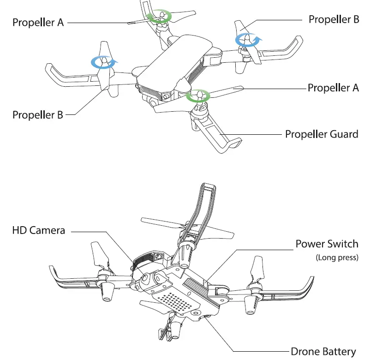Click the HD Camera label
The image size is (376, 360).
pos(39,229)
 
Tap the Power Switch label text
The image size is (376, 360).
pos(327,244)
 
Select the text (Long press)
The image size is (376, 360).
pos(337,258)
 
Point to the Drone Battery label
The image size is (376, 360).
pos(323,352)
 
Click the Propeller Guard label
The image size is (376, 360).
pos(322,134)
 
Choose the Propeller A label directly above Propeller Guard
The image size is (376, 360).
pos(333,88)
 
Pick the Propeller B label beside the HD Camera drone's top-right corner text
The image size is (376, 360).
pos(334,19)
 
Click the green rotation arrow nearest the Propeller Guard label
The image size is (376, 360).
pos(198,96)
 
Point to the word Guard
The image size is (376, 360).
pos(343,134)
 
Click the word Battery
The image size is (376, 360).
pos(339,352)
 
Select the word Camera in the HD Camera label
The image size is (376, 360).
pos(47,229)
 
